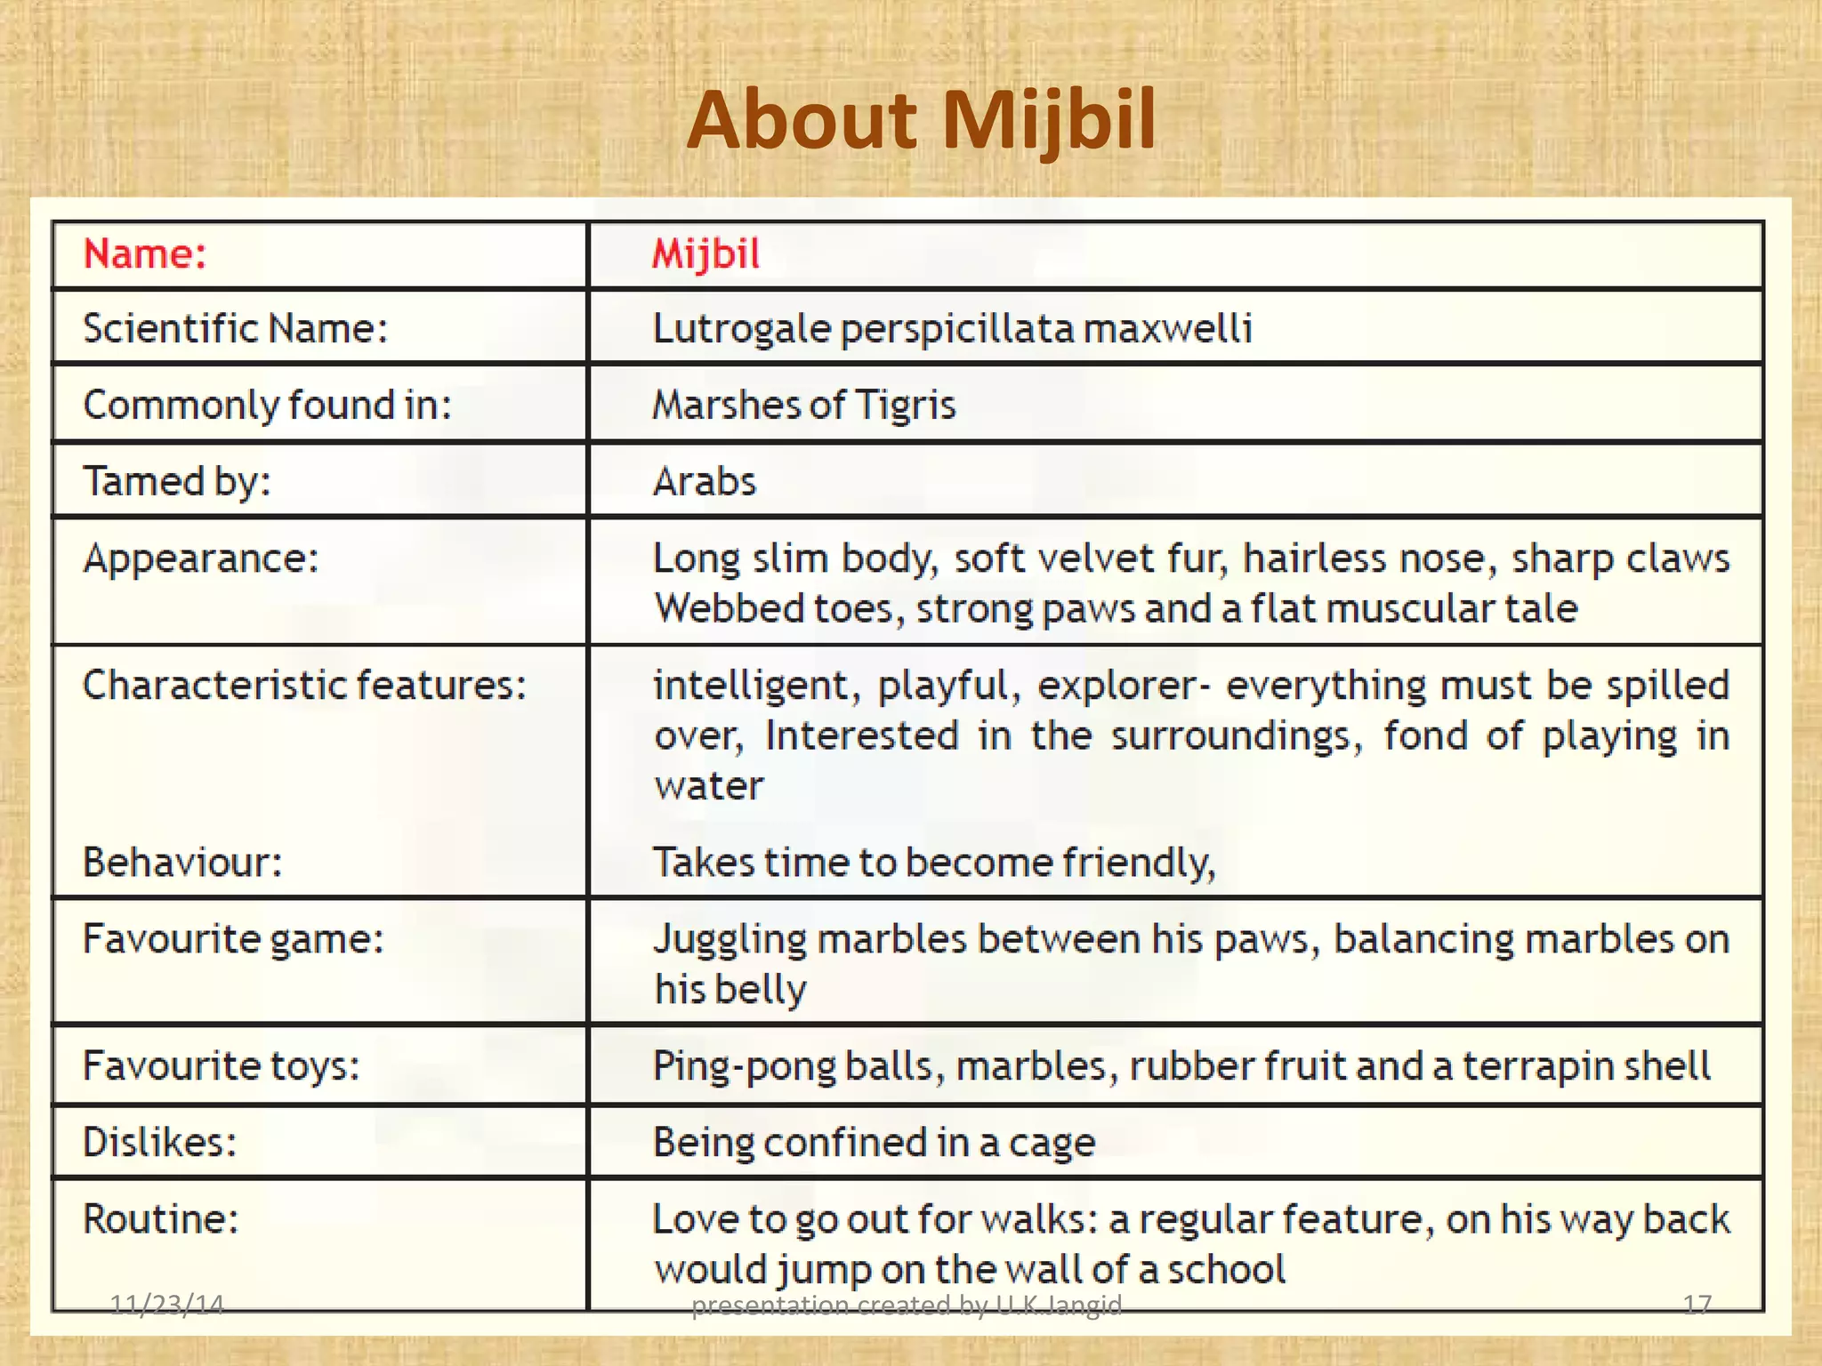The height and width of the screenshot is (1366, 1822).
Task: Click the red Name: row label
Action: click(x=145, y=254)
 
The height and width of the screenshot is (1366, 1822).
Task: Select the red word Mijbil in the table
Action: click(x=706, y=254)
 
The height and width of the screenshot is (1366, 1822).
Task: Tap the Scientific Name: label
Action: click(x=236, y=328)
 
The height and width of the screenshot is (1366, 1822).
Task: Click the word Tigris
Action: click(x=905, y=406)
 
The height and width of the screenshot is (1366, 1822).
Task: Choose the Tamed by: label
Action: click(x=177, y=482)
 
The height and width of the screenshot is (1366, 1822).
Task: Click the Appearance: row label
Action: click(x=201, y=558)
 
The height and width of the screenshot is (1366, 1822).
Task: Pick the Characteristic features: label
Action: click(x=304, y=685)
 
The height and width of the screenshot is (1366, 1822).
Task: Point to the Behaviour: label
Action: click(x=182, y=862)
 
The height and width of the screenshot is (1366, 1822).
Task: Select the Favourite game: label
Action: click(x=233, y=938)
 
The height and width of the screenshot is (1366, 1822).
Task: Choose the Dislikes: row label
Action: click(x=160, y=1142)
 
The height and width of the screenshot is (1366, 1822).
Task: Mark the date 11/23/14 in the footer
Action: click(x=166, y=1304)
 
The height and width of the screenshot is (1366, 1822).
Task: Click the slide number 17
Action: click(x=1697, y=1304)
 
